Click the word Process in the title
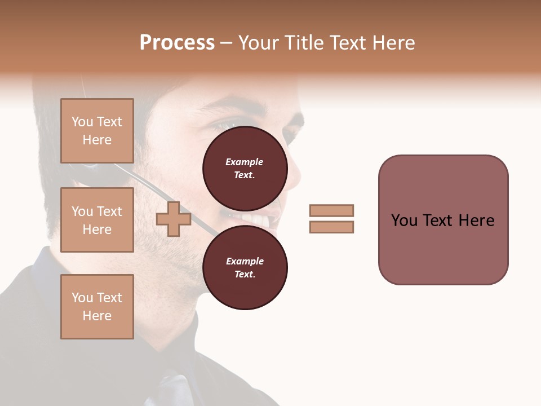[177, 43]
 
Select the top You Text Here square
[97, 131]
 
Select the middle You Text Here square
[97, 220]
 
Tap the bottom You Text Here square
[97, 307]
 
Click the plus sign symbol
[173, 219]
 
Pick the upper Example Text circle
[245, 168]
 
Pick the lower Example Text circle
[245, 267]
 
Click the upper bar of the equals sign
[331, 210]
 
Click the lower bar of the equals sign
[331, 227]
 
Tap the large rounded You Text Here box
[443, 220]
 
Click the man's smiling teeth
[256, 219]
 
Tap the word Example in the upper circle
[245, 162]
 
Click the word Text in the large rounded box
[440, 220]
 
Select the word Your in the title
[259, 43]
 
